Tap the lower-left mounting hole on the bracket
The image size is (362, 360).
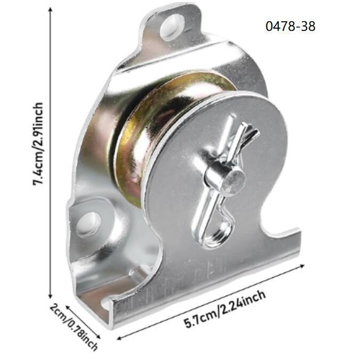[89, 223]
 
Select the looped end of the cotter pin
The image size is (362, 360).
[219, 234]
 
